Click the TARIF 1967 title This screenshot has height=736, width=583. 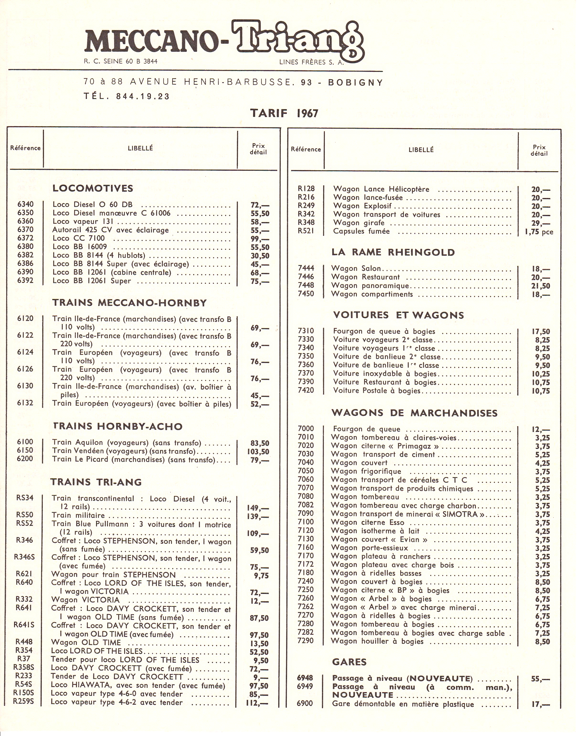[284, 113]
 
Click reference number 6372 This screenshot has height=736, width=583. [25, 238]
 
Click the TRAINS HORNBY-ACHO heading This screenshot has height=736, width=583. [118, 426]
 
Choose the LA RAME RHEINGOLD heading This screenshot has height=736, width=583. [393, 252]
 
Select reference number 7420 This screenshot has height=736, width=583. [306, 390]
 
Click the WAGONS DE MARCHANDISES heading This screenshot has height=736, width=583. [414, 413]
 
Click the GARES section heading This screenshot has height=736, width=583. [349, 662]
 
